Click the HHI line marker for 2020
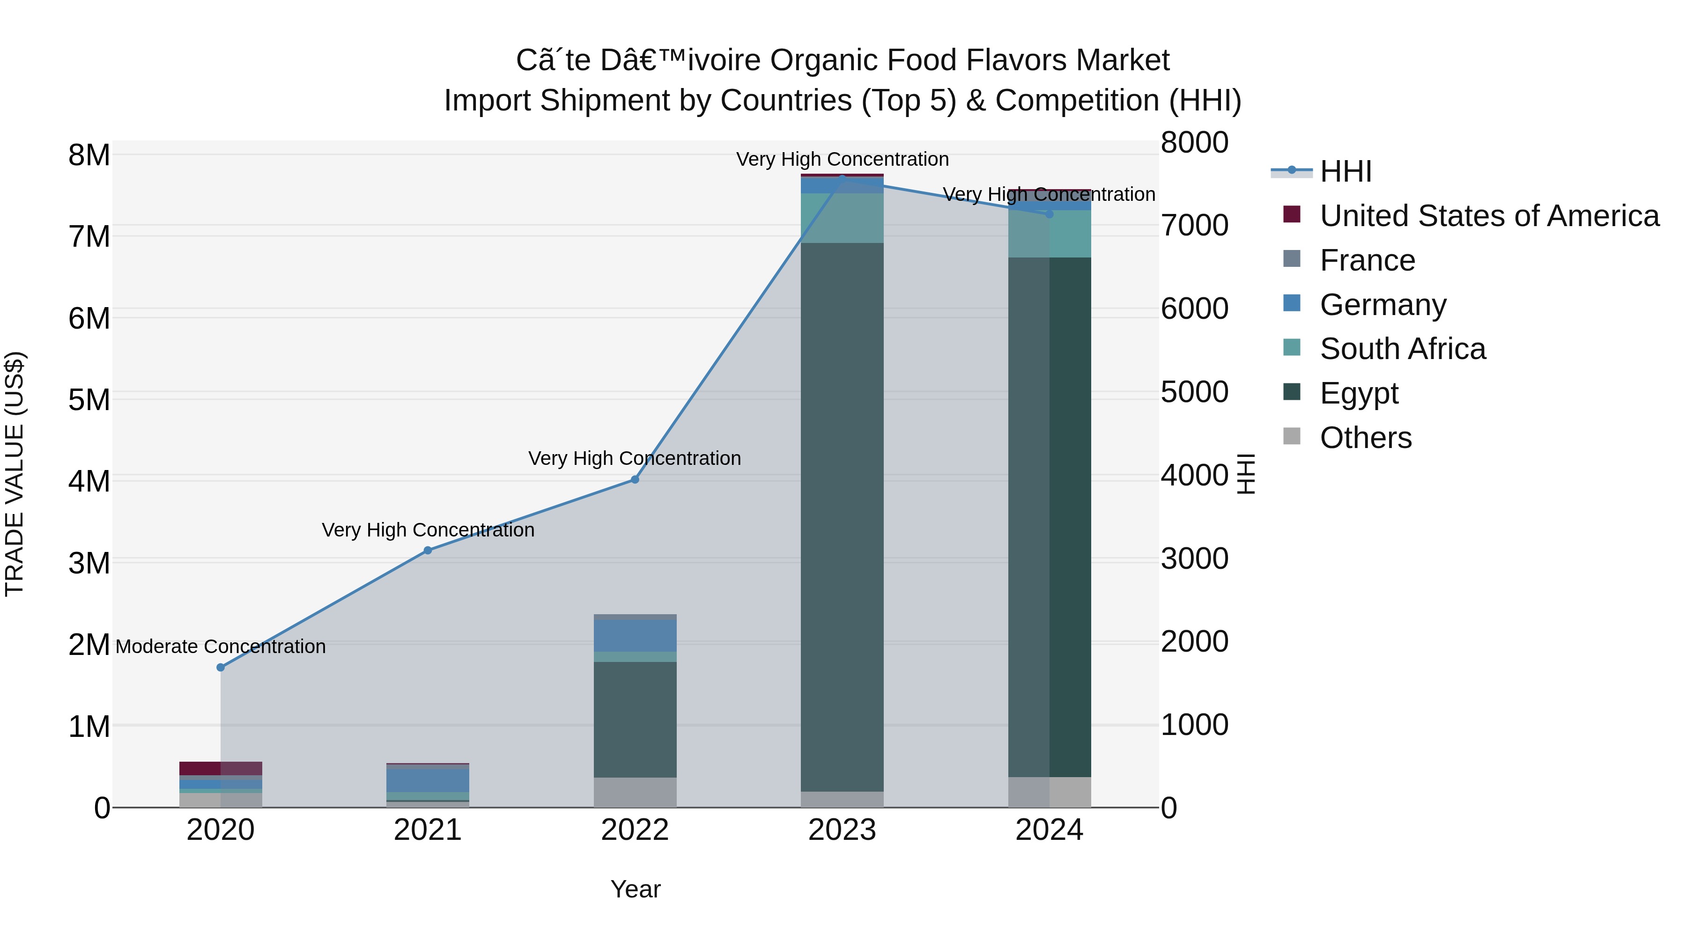(221, 667)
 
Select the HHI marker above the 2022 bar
(634, 479)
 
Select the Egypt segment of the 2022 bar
(634, 720)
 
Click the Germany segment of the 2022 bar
(634, 635)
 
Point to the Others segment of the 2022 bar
(634, 792)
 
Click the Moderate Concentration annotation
(221, 647)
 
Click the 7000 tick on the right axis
(1194, 225)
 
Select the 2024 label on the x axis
(1049, 830)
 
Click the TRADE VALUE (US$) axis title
(15, 474)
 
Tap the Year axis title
(635, 889)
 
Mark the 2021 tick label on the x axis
(428, 830)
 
